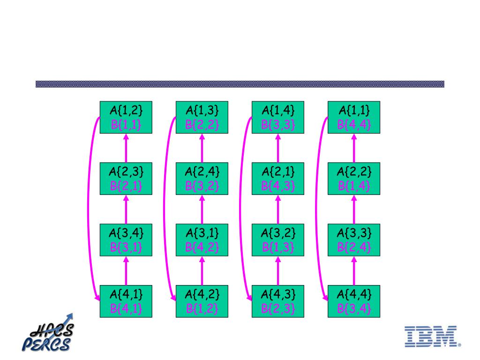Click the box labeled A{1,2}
(x=126, y=117)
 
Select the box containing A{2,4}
(x=202, y=179)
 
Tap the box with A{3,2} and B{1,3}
(x=277, y=240)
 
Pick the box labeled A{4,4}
(x=353, y=301)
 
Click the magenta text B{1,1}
(x=126, y=125)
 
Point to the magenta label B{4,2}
(x=202, y=247)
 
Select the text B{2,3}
(x=277, y=308)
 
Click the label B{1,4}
(x=353, y=186)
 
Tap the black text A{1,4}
(x=277, y=111)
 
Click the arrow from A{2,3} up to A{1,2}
(x=126, y=148)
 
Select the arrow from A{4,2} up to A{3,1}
(x=202, y=270)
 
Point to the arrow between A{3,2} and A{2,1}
(x=277, y=209)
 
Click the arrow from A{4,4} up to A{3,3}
(x=353, y=270)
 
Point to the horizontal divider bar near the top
(x=240, y=84)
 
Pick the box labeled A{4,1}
(x=126, y=301)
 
